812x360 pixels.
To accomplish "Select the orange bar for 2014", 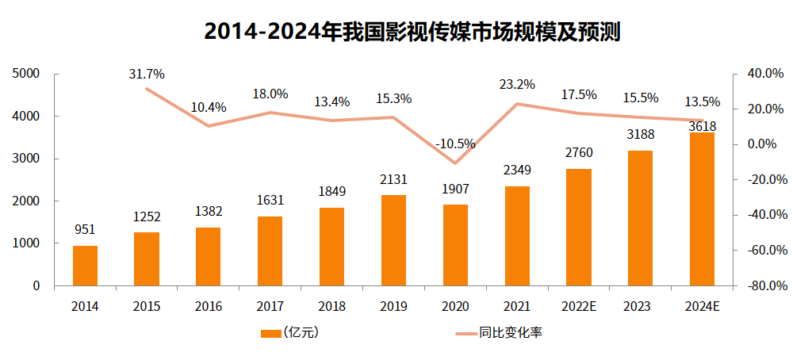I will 85,266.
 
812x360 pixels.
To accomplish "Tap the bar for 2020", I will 455,245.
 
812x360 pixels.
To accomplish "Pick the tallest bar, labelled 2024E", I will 702,209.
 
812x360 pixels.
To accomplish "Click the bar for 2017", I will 270,251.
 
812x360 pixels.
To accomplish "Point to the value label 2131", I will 393,179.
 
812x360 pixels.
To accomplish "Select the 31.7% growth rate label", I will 147,75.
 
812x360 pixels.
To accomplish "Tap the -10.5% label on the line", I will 455,144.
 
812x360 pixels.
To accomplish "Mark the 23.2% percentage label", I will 517,84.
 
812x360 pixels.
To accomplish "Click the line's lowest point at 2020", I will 455,163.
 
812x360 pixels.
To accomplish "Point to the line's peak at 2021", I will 517,104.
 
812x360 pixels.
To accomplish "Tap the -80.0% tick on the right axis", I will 765,286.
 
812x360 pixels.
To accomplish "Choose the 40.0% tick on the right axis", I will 766,74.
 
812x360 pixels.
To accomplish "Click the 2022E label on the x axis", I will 578,305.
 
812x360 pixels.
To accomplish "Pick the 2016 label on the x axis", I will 209,305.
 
